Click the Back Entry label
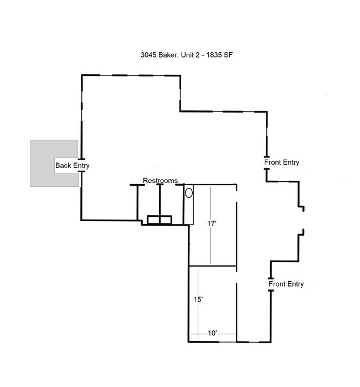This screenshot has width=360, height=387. (x=72, y=166)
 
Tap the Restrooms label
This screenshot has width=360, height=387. (x=160, y=180)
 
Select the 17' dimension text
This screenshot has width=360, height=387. (x=212, y=223)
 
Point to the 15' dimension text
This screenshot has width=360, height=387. (x=198, y=299)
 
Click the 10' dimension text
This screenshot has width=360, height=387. (x=212, y=333)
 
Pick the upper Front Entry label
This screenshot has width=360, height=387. (x=281, y=162)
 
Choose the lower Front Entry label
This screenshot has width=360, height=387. (x=286, y=284)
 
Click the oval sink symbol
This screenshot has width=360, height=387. (x=189, y=193)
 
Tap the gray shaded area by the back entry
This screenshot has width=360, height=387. (x=42, y=164)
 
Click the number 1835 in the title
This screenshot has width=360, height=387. (x=214, y=55)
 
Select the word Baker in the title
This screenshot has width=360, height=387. (x=167, y=55)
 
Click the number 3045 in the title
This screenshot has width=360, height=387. (x=148, y=55)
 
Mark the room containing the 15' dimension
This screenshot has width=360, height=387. (x=213, y=304)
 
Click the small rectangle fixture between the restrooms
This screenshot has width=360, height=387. (x=160, y=220)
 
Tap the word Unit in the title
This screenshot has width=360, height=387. (x=187, y=55)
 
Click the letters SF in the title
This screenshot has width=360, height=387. (x=228, y=55)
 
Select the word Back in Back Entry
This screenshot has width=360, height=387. (x=63, y=165)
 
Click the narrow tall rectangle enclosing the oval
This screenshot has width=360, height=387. (x=189, y=205)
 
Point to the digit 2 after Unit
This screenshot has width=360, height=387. (x=197, y=55)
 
